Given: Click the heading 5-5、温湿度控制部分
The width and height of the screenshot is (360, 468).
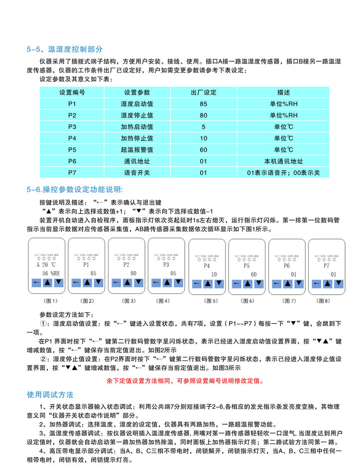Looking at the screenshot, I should pyautogui.click(x=65, y=49).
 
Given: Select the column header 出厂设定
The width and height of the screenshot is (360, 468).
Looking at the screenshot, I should pyautogui.click(x=203, y=93).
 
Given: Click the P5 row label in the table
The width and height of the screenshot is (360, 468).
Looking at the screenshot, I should pyautogui.click(x=72, y=149).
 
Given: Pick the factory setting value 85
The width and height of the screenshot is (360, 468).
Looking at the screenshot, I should pyautogui.click(x=203, y=104).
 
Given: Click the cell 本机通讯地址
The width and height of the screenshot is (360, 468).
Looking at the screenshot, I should pyautogui.click(x=283, y=161).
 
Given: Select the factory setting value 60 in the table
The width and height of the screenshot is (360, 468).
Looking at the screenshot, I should pyautogui.click(x=203, y=149).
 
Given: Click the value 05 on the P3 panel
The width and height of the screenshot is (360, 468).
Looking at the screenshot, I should pyautogui.click(x=173, y=273).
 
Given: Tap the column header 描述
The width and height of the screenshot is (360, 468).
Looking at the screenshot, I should pyautogui.click(x=283, y=93).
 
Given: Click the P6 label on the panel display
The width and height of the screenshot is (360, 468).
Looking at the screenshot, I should pyautogui.click(x=286, y=266).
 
